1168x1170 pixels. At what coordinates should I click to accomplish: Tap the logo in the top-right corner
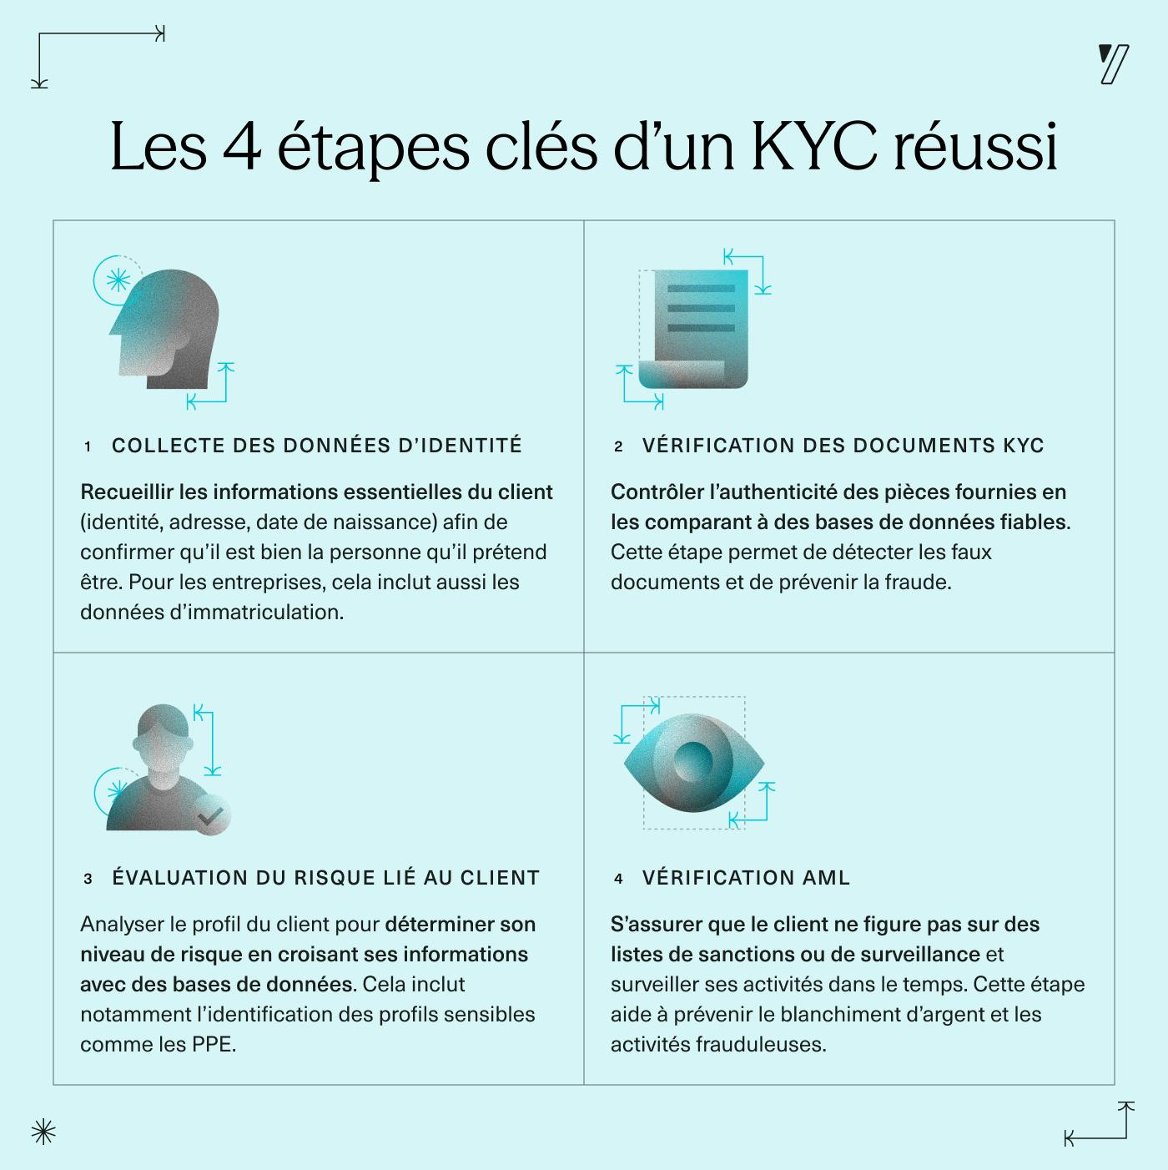[x=1114, y=65]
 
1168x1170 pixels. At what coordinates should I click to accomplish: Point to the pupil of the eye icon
[x=693, y=761]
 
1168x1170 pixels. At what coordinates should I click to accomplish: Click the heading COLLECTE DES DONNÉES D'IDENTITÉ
[x=317, y=446]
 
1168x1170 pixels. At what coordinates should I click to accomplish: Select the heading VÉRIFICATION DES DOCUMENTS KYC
[x=843, y=446]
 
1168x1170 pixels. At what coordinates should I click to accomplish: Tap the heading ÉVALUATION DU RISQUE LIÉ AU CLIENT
[x=326, y=878]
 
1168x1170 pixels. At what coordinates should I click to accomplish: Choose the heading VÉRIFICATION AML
[x=746, y=878]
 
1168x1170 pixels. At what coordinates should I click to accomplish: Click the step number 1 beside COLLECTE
[x=88, y=447]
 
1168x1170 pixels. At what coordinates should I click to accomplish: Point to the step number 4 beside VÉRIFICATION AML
[x=618, y=879]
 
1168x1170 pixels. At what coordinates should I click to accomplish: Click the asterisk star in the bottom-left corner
[x=43, y=1132]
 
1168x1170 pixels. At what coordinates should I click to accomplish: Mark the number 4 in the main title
[x=242, y=148]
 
